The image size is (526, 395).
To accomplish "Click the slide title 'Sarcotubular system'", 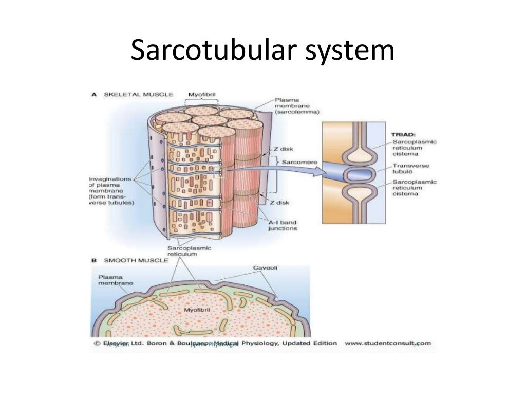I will (262, 51).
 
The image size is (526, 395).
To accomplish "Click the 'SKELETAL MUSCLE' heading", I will (139, 95).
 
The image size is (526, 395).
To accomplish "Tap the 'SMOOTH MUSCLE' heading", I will (137, 260).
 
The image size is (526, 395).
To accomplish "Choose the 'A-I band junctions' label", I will (282, 225).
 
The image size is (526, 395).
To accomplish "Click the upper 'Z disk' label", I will (283, 149).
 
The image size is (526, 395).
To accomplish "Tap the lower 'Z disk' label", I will (280, 202).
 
